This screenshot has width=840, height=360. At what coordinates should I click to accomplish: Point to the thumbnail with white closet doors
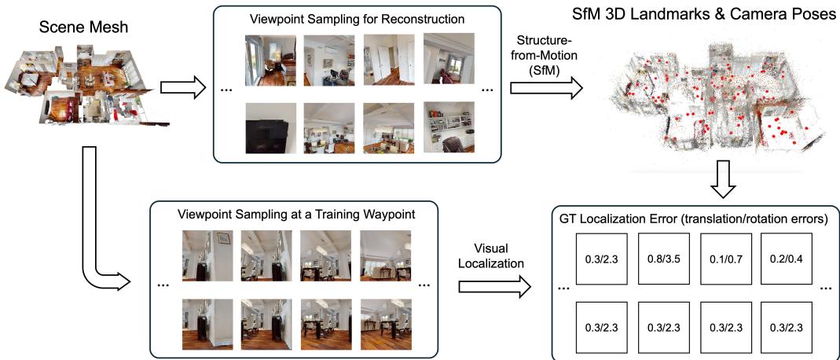click(389, 59)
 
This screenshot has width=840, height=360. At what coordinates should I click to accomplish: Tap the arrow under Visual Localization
click(495, 288)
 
